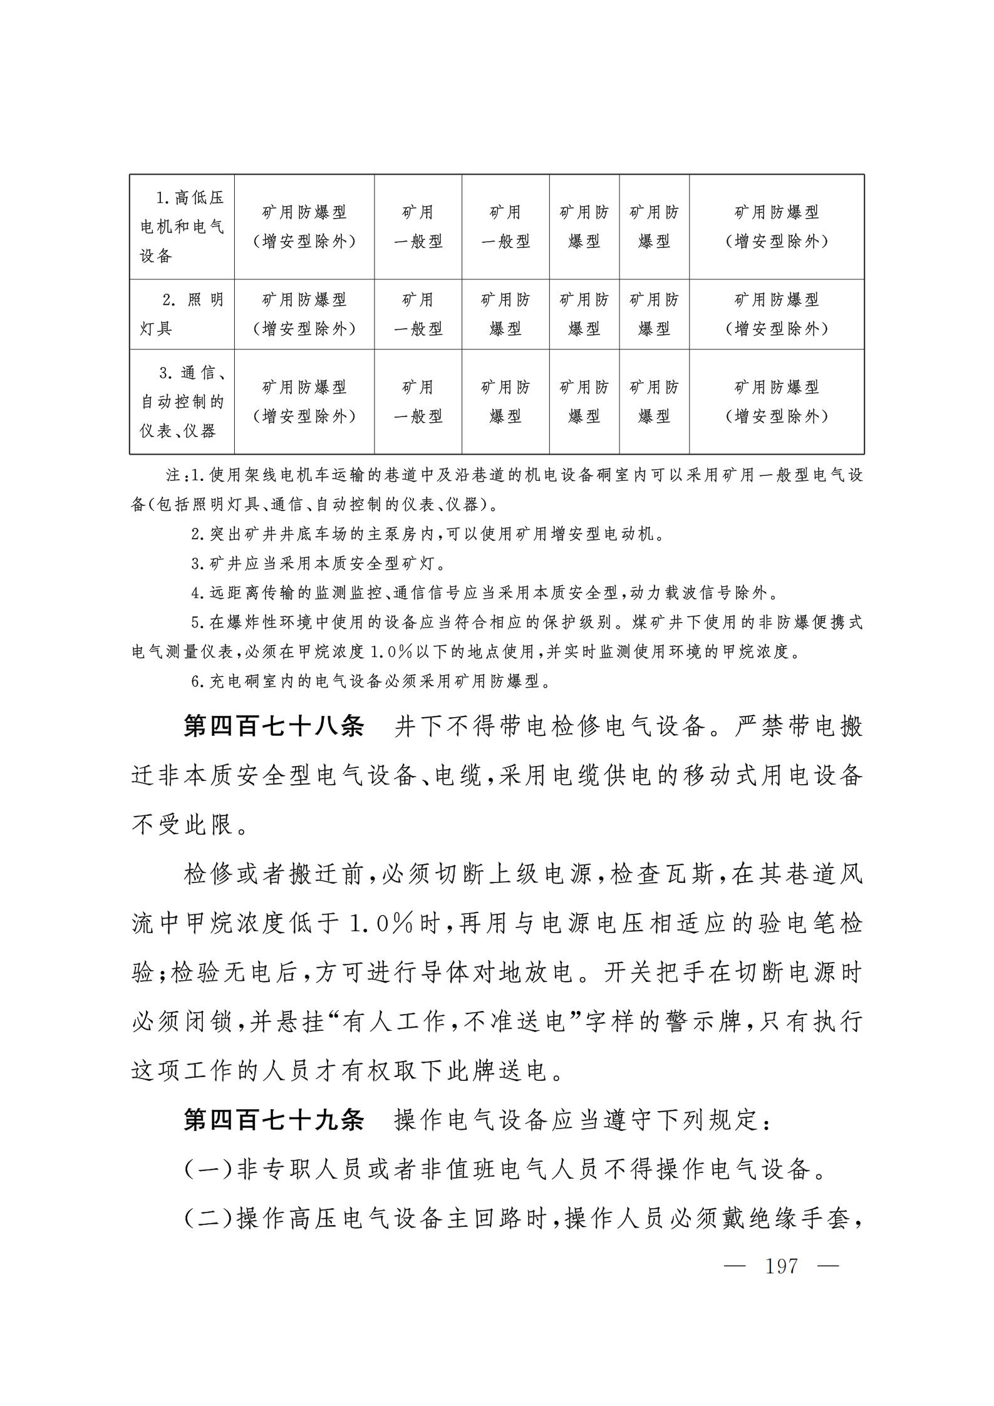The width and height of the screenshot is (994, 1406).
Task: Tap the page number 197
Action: point(781,1266)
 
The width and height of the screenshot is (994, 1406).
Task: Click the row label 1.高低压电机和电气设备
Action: point(182,227)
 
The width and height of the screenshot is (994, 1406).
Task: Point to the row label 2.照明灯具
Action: point(182,314)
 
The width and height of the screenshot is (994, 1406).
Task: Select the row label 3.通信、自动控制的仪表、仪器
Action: point(182,401)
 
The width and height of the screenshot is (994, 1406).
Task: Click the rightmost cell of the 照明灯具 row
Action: point(777,314)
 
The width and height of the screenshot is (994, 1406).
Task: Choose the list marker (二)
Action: point(208,1219)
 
